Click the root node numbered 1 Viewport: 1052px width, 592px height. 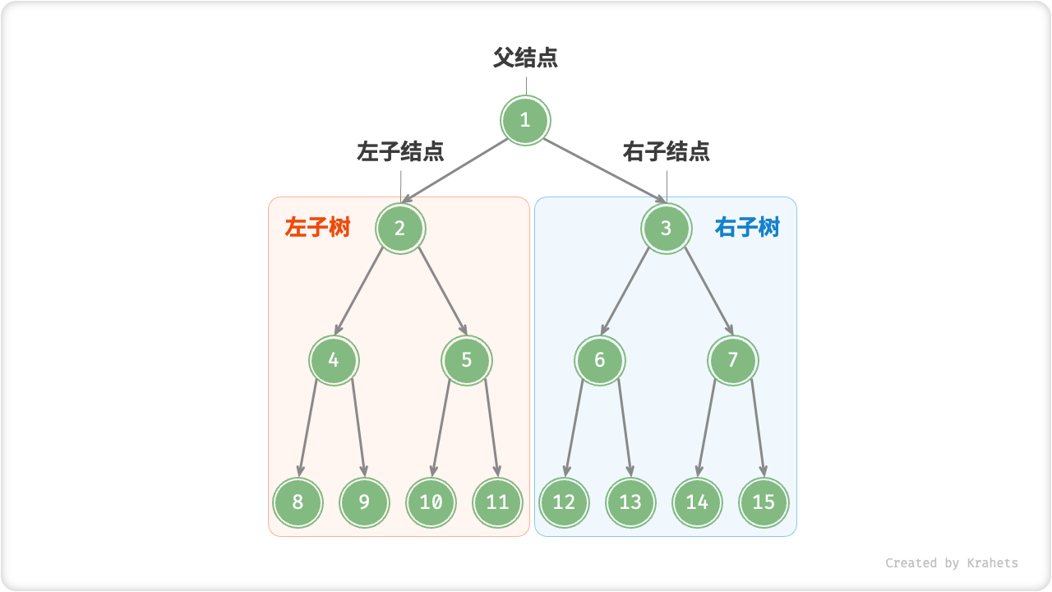525,121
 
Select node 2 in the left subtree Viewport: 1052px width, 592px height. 400,228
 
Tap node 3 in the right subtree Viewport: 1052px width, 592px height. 667,228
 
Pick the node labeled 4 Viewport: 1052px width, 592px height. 334,360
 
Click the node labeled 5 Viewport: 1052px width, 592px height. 467,360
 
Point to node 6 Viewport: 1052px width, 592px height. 600,360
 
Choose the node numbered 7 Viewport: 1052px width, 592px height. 733,360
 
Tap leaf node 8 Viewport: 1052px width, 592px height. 298,502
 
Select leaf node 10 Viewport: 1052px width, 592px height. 431,502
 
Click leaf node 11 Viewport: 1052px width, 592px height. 498,502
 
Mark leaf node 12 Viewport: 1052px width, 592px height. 565,502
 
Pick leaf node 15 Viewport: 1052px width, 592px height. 764,502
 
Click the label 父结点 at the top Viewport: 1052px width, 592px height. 525,58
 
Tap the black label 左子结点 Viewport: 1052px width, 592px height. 400,152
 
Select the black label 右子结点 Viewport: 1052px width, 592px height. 667,152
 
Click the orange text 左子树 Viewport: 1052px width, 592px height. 318,228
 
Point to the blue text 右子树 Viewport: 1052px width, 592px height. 747,228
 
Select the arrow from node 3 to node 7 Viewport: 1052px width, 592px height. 708,289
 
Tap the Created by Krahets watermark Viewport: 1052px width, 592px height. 951,563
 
